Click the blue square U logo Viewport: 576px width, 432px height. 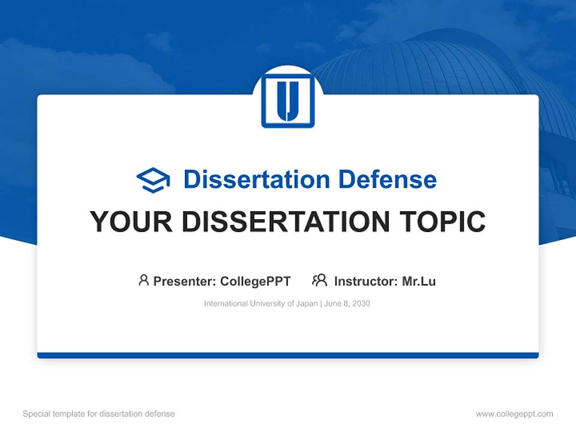point(288,101)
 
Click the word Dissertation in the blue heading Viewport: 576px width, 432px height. point(257,179)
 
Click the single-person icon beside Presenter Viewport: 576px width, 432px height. point(143,280)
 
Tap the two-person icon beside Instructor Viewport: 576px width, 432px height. point(319,280)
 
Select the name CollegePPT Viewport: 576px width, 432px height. point(255,281)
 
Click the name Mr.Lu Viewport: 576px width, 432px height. point(419,281)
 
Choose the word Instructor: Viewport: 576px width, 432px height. point(365,281)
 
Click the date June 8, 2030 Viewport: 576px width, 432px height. point(347,304)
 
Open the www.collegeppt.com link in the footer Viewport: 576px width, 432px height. point(514,414)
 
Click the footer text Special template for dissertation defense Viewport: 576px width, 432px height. point(99,414)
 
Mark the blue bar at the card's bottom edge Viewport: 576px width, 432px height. point(288,355)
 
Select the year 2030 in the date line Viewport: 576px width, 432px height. point(361,304)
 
